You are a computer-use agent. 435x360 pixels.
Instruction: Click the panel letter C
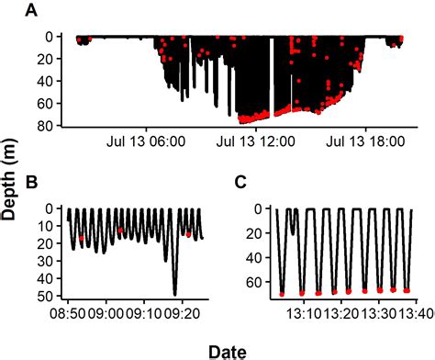coord(240,182)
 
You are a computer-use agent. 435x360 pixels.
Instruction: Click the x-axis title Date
coord(226,350)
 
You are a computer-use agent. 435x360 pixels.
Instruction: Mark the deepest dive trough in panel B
coord(174,294)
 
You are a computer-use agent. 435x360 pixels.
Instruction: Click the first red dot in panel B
coord(82,239)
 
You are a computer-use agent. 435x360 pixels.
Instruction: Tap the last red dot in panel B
coord(188,234)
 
